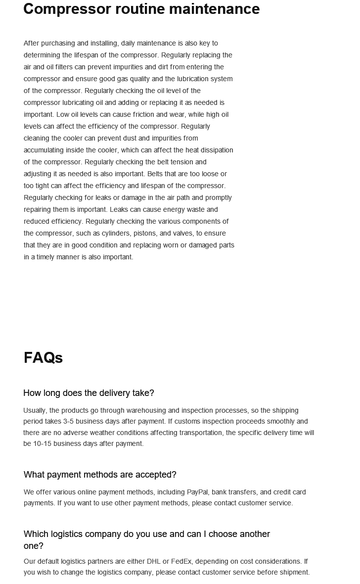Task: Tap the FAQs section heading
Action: coord(43,358)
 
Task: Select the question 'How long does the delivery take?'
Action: coord(89,393)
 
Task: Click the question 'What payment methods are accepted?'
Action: coord(100,475)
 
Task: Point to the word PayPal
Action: coord(197,492)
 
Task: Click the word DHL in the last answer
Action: coord(153,561)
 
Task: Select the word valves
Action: coord(183,233)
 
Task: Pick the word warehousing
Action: coord(146,410)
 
